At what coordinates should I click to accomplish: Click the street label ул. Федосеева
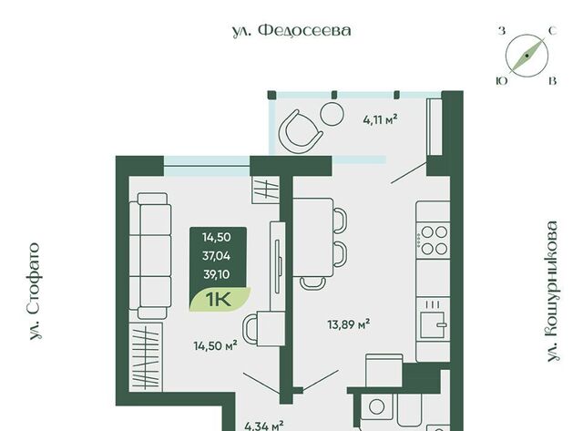point(291,31)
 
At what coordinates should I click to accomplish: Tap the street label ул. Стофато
point(35,292)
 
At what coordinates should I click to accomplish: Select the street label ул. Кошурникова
point(553,292)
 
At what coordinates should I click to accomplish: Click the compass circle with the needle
point(527,56)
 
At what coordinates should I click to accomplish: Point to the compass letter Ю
point(502,81)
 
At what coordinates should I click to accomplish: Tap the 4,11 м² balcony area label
point(380,120)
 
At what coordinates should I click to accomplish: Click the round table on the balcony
point(332,114)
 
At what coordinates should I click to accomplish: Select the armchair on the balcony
point(300,131)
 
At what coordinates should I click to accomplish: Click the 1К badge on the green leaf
point(219,300)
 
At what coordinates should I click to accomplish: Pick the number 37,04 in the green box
point(217,256)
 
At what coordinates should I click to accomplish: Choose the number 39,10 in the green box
point(217,274)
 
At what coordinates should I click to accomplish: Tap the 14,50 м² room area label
point(216,346)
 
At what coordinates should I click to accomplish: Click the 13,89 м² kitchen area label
point(348,324)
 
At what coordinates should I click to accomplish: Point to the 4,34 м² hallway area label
point(264,426)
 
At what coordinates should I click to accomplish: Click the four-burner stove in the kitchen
point(434,241)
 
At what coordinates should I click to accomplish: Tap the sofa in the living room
point(149,256)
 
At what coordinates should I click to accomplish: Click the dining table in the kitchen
point(313,238)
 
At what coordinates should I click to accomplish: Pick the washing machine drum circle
point(376,406)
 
